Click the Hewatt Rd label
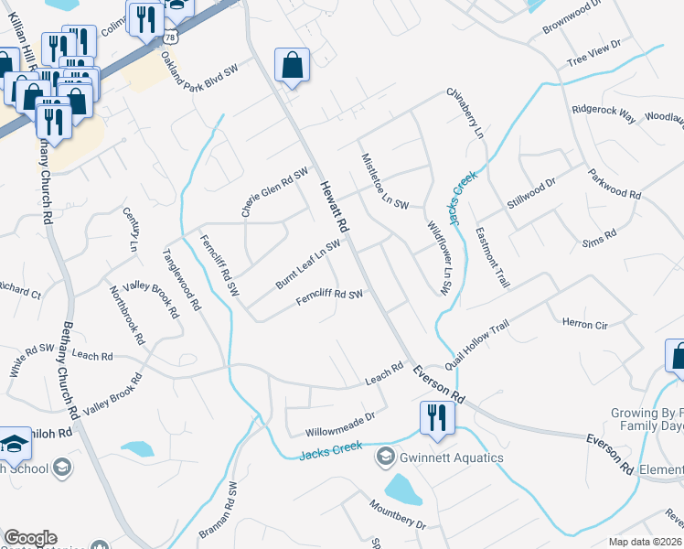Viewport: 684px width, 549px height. click(335, 207)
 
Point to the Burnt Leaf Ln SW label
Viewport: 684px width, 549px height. click(308, 264)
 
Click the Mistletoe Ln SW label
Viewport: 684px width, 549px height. click(385, 181)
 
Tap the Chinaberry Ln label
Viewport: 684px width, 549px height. click(465, 113)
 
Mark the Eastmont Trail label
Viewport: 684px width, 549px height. click(492, 258)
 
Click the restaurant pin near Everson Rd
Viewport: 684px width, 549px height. click(432, 417)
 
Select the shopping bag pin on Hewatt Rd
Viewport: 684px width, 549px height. click(292, 66)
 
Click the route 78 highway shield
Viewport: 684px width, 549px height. click(170, 36)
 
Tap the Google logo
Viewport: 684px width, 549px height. click(30, 538)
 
